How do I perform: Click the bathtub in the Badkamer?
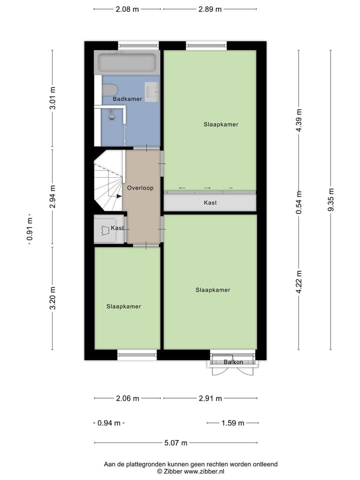pos(127,63)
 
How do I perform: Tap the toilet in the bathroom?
pos(110,90)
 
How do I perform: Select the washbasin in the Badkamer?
pos(152,91)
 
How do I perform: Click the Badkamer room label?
pos(127,99)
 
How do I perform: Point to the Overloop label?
pos(140,188)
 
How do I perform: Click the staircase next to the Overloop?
pos(108,182)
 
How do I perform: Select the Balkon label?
pos(233,362)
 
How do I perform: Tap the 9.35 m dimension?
pos(330,200)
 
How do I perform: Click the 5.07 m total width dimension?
pos(176,442)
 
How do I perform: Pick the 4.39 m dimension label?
pos(299,120)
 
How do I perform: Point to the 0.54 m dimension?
pos(299,202)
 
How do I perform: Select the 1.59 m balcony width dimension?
pos(232,423)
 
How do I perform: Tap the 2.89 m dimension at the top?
pos(210,9)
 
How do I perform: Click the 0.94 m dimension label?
pos(108,423)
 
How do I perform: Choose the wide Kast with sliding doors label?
pos(210,203)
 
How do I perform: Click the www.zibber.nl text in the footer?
pos(204,471)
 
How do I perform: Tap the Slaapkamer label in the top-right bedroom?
pos(220,124)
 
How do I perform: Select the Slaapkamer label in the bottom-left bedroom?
pos(123,306)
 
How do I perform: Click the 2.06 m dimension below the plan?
pos(127,398)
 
